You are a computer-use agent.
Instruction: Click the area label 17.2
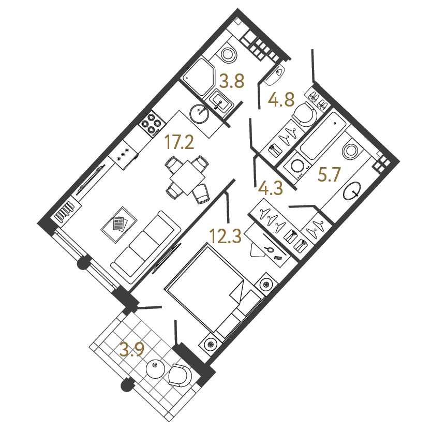(x=180, y=142)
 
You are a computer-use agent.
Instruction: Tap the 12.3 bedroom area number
(x=225, y=236)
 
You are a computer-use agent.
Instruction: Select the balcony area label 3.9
(x=132, y=350)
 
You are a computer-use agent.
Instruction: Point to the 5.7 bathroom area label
(x=329, y=174)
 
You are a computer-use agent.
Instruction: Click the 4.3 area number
(x=271, y=188)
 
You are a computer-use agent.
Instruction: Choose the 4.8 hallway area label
(x=281, y=99)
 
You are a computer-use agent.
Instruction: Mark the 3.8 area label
(x=232, y=81)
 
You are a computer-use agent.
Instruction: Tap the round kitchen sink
(x=199, y=113)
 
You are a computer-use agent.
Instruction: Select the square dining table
(x=187, y=177)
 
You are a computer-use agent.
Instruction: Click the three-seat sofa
(x=146, y=247)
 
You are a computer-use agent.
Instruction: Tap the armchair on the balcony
(x=180, y=375)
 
